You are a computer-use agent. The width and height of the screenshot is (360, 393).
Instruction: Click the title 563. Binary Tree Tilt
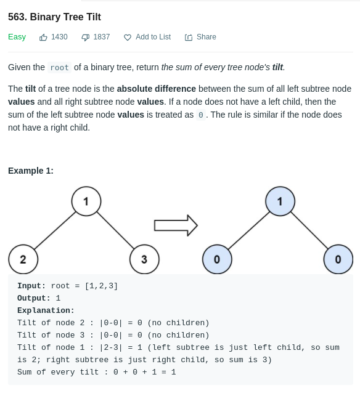pyautogui.click(x=54, y=17)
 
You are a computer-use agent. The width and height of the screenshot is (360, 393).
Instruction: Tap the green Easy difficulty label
pyautogui.click(x=17, y=37)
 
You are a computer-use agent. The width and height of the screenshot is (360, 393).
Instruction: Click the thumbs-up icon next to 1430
pyautogui.click(x=43, y=38)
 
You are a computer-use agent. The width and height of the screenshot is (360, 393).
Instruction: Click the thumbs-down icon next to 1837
pyautogui.click(x=85, y=38)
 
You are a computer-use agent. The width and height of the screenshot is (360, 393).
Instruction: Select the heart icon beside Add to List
pyautogui.click(x=128, y=38)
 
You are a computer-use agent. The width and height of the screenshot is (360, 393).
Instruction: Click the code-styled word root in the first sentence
pyautogui.click(x=59, y=67)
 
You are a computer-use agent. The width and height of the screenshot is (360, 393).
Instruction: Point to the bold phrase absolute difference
pyautogui.click(x=157, y=89)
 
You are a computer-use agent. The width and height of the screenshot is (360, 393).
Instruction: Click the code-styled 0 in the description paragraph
pyautogui.click(x=201, y=115)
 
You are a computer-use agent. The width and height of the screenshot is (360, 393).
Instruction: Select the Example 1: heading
pyautogui.click(x=31, y=171)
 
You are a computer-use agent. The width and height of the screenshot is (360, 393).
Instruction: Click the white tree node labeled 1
pyautogui.click(x=86, y=201)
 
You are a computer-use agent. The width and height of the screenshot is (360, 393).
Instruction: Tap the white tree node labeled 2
pyautogui.click(x=23, y=259)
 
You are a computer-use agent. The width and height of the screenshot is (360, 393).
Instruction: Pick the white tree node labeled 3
pyautogui.click(x=144, y=259)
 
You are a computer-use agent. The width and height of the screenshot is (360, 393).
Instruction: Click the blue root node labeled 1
pyautogui.click(x=280, y=201)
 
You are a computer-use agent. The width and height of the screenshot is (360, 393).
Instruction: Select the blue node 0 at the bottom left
pyautogui.click(x=217, y=259)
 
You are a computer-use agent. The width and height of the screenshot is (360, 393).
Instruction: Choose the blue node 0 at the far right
pyautogui.click(x=338, y=259)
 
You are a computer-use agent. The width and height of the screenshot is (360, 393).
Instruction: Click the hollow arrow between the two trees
pyautogui.click(x=176, y=225)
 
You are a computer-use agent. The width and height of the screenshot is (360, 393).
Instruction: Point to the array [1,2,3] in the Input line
pyautogui.click(x=101, y=286)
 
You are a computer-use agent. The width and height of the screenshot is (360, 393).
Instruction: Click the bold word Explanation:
pyautogui.click(x=46, y=310)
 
